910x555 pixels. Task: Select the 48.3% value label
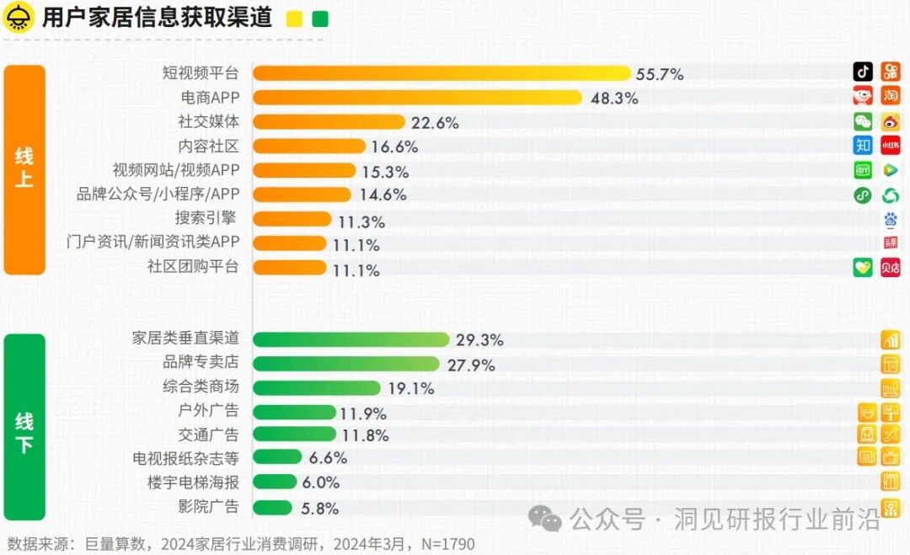[613, 99]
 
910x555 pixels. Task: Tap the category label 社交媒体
[208, 122]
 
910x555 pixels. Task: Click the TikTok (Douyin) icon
[863, 72]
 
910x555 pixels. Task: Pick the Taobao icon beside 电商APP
[891, 96]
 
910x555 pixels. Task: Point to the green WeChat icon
[863, 121]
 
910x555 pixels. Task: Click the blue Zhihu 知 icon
[863, 146]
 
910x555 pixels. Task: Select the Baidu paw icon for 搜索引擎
[891, 220]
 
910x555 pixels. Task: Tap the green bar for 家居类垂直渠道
[351, 339]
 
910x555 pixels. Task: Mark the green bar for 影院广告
[272, 508]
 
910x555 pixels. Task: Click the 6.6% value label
[328, 458]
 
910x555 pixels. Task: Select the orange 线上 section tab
[24, 169]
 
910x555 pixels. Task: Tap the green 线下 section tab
[24, 427]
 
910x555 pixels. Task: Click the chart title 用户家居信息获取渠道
[157, 19]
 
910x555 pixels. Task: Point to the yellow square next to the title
[295, 19]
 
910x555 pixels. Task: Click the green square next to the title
[320, 19]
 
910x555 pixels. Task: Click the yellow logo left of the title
[18, 18]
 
